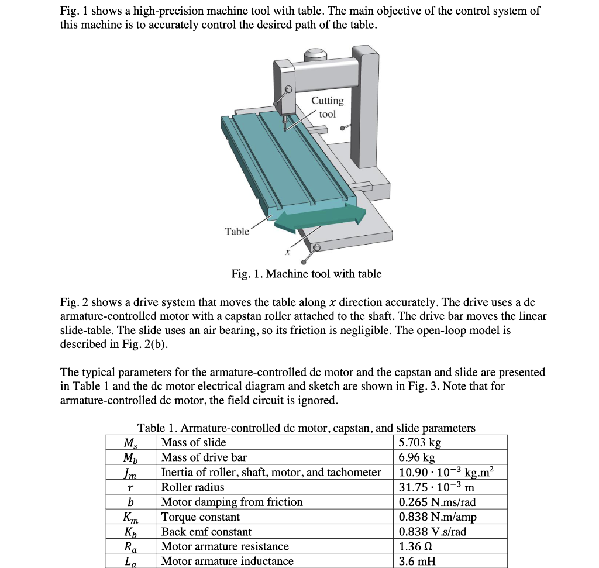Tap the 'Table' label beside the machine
237,231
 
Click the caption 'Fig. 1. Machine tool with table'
306,274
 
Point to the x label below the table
287,252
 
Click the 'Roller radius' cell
192,487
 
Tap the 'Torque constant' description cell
200,517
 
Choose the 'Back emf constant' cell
206,532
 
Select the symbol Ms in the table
130,443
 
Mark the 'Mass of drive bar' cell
204,457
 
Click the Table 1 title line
306,428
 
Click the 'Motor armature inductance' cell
227,561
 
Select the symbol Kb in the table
130,532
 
